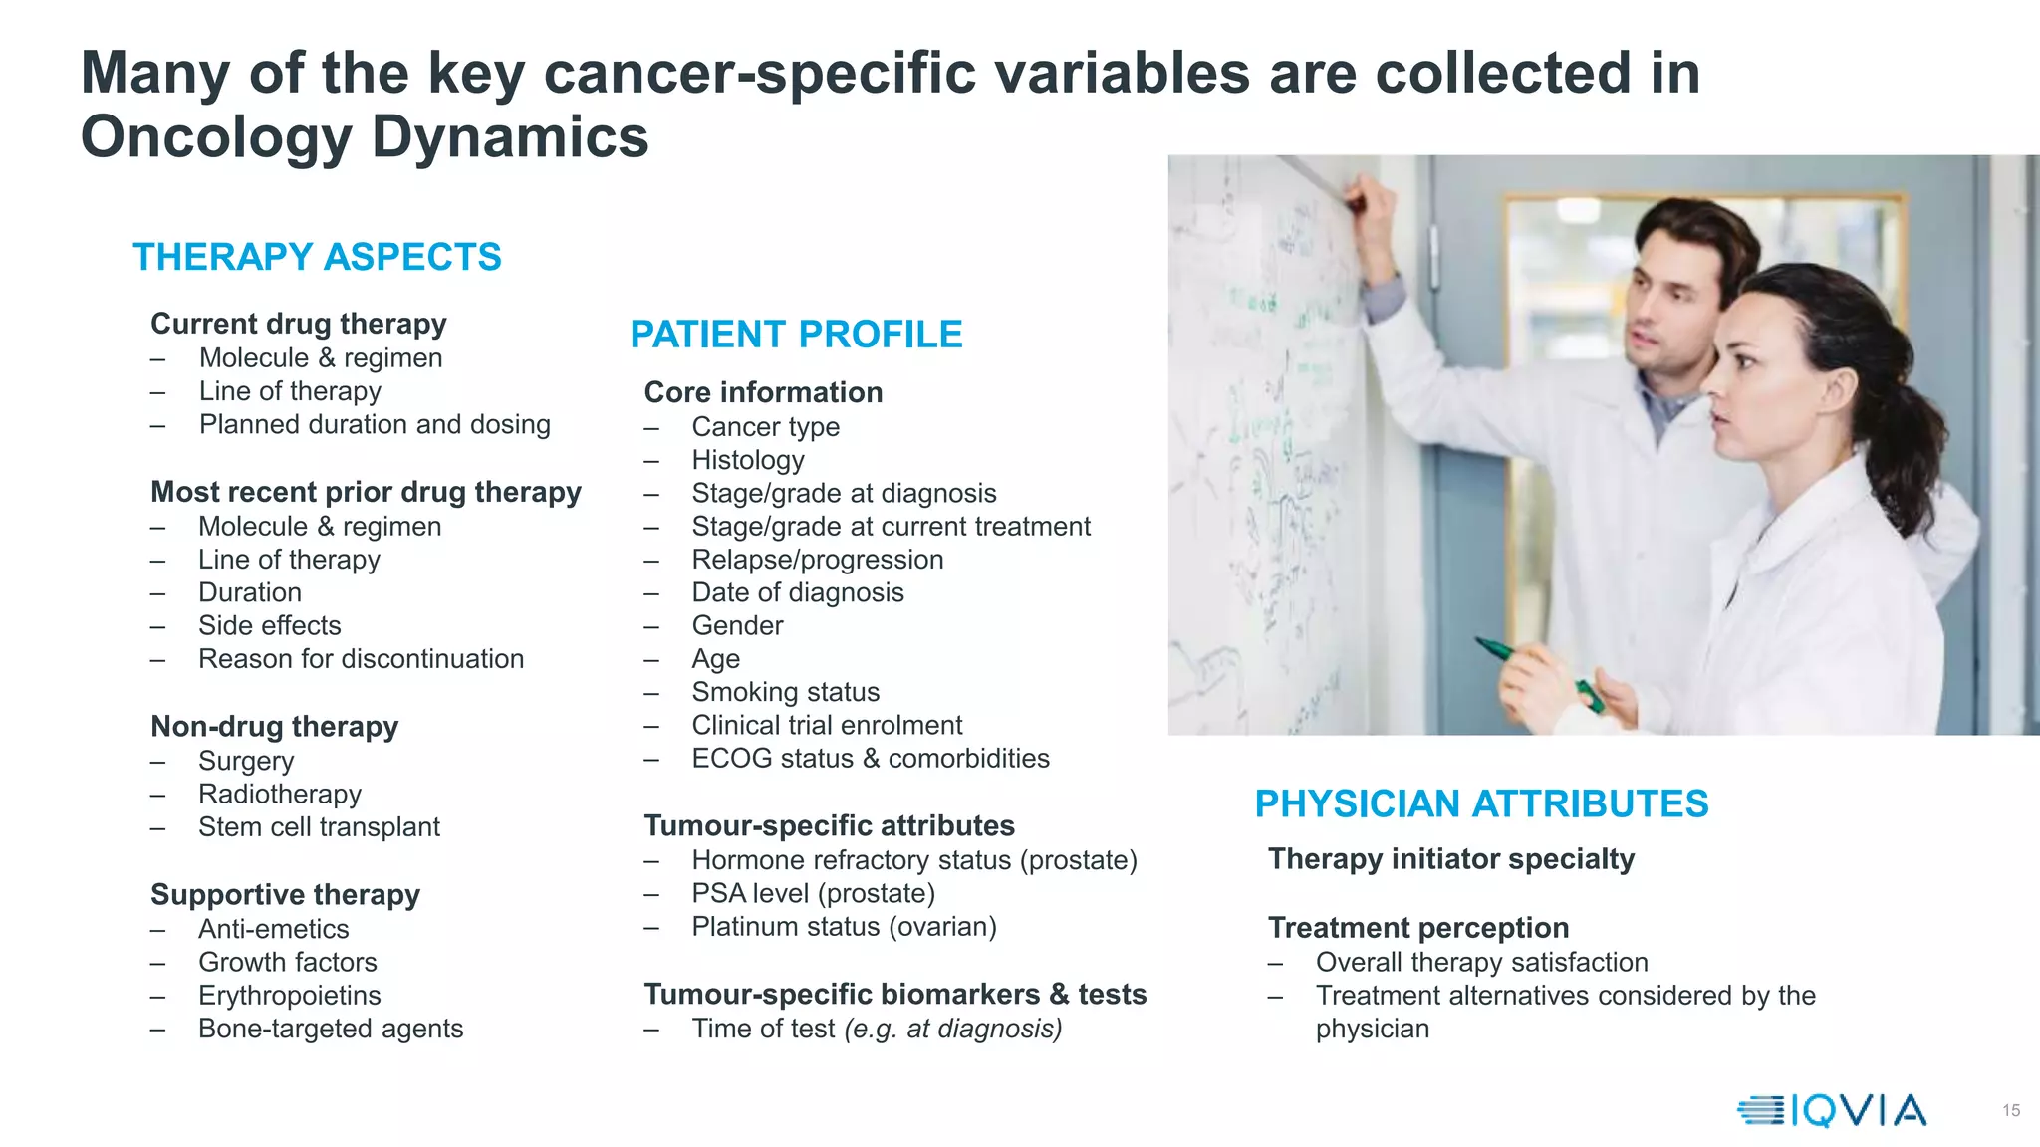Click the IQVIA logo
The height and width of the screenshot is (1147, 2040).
1833,1110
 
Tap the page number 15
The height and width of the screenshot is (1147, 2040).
2010,1110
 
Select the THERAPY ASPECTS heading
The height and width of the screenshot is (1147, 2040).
317,257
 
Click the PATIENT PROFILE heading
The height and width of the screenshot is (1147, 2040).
796,335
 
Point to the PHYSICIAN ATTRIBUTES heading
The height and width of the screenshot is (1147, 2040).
1481,803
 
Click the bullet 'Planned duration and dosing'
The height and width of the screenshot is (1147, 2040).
375,424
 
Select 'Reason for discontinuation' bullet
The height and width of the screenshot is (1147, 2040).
361,659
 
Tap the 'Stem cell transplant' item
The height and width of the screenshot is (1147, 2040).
319,827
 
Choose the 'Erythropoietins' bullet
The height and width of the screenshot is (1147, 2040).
289,996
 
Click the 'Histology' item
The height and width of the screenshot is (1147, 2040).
748,460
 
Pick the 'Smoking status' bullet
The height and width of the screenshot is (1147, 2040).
786,692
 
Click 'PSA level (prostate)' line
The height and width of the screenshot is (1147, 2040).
813,894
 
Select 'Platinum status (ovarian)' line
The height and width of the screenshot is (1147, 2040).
844,927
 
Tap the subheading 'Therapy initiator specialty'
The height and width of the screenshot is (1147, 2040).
1451,859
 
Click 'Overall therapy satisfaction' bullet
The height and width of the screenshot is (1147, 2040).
1481,963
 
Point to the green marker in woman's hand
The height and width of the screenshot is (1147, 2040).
1539,672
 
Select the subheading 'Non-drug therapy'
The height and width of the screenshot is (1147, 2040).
274,727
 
